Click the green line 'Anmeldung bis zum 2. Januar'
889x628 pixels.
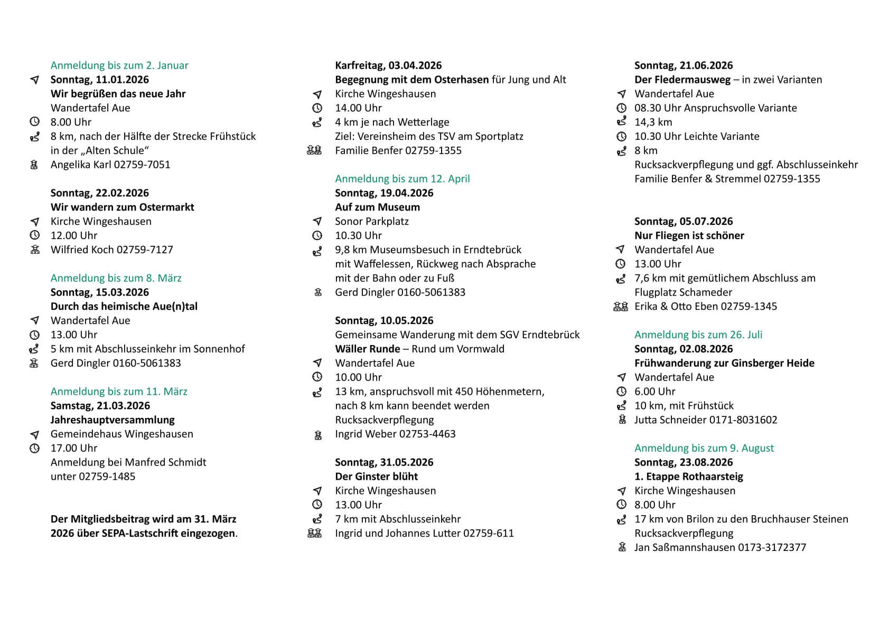click(119, 65)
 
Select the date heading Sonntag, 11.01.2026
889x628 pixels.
click(99, 80)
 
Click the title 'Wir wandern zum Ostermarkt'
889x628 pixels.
click(122, 207)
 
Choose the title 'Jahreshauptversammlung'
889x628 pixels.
click(113, 420)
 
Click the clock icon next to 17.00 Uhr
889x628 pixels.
click(35, 449)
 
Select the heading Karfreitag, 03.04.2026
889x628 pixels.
click(388, 65)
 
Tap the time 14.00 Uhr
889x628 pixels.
click(358, 108)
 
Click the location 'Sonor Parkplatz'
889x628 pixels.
click(372, 222)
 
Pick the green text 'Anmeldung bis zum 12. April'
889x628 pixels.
click(402, 179)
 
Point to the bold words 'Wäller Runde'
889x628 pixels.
click(367, 349)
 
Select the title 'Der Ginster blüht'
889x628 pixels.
click(376, 477)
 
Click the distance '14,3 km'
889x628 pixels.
click(653, 122)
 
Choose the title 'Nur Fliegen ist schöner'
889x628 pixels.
click(689, 236)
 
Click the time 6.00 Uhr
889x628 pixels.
click(654, 392)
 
